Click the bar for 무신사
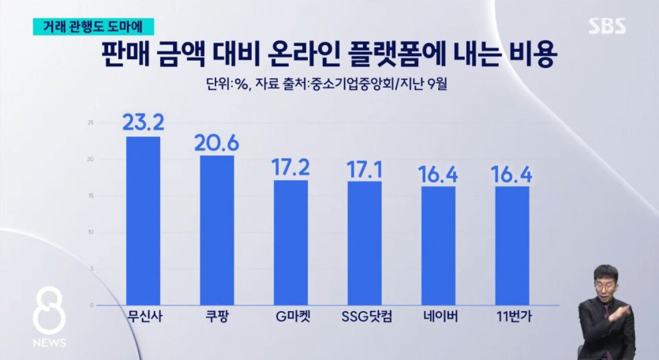[143, 220]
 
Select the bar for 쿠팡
[216, 230]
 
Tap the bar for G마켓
[290, 242]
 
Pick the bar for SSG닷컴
[364, 242]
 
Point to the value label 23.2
[143, 122]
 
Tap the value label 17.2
[290, 167]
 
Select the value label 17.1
[364, 167]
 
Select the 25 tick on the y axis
[91, 122]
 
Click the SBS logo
[607, 26]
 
